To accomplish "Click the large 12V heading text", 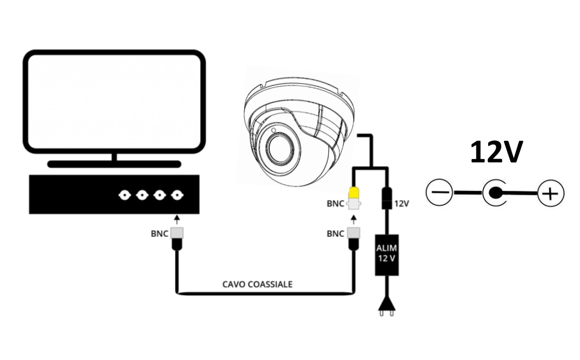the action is (x=496, y=152).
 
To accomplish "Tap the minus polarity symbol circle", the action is (x=440, y=193).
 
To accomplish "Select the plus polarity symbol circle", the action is (x=550, y=193).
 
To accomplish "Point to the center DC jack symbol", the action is (x=495, y=193).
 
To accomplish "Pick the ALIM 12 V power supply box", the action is (x=386, y=255).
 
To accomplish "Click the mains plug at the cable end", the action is (x=386, y=307).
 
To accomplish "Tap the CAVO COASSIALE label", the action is (x=258, y=284).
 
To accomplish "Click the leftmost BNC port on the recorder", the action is (x=125, y=195).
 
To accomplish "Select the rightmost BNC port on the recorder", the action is (x=178, y=195).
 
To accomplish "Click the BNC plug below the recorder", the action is (x=178, y=239).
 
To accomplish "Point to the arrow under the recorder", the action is (x=177, y=219).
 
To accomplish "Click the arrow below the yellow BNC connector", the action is (x=354, y=220).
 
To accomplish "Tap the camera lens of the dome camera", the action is (x=277, y=149).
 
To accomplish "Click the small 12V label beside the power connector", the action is (x=401, y=204).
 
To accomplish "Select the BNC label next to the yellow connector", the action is (x=336, y=204).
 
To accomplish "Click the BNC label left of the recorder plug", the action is (x=160, y=234).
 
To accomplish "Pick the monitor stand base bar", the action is (x=114, y=164).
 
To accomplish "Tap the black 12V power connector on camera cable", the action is (x=386, y=198).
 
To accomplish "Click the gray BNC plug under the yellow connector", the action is (x=354, y=239).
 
